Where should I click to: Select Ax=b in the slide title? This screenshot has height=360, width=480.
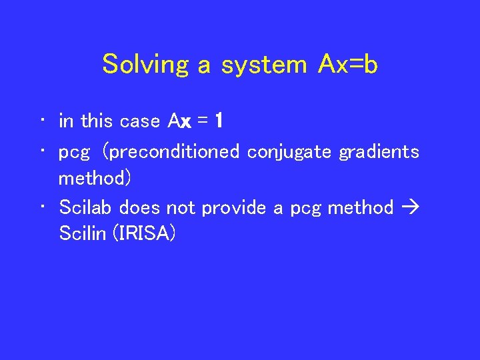pos(348,65)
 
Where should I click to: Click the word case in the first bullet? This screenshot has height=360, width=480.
pos(141,121)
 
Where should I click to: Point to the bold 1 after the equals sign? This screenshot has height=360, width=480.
pos(219,121)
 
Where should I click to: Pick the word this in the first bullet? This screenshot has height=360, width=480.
pos(97,121)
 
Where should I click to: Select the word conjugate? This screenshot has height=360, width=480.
pos(291,153)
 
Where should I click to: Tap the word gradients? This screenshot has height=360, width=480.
pos(379,153)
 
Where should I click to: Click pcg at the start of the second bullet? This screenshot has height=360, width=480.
pos(74,153)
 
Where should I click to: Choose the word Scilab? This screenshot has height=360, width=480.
pos(85,208)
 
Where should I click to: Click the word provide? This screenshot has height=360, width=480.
pos(235,208)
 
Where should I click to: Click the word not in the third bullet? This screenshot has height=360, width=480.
pos(181,208)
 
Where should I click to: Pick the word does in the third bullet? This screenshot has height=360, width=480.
pos(141,208)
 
